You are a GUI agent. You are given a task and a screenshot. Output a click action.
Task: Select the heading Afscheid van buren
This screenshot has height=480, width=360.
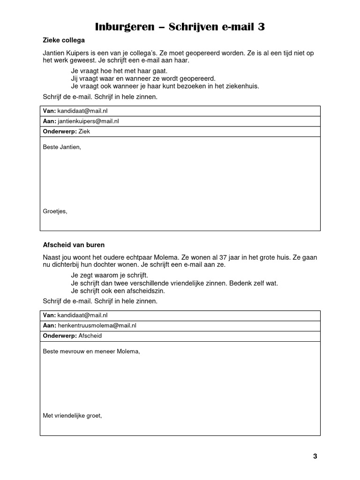tap(74, 245)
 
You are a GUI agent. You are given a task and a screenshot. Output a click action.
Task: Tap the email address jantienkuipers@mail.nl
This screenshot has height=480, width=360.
tap(88, 121)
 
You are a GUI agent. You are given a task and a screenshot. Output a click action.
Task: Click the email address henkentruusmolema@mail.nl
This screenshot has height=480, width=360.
tap(97, 325)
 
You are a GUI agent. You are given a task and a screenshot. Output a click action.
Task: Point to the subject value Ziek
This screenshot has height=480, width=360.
tap(84, 131)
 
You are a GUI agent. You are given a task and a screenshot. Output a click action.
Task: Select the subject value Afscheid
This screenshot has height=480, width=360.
tap(90, 336)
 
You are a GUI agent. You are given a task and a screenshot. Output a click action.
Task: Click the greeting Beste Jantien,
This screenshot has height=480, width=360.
tap(62, 147)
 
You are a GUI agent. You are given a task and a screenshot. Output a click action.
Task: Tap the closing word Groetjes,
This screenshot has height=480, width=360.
tap(55, 211)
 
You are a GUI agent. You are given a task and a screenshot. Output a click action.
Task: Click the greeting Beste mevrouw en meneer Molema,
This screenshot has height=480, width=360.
tap(91, 352)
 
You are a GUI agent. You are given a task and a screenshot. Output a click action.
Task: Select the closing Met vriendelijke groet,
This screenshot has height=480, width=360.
tap(72, 415)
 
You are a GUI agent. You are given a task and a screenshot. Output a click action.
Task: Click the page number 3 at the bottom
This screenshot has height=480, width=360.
tap(315, 457)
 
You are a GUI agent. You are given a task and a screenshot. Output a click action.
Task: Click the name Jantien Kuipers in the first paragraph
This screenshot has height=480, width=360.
tap(65, 53)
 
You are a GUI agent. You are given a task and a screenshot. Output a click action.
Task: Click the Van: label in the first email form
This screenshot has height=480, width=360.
tap(49, 111)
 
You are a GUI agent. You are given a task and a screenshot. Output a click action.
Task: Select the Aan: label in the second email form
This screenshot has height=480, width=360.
tap(49, 325)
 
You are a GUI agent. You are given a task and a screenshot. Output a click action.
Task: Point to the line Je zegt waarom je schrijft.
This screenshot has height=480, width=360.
tap(109, 276)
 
